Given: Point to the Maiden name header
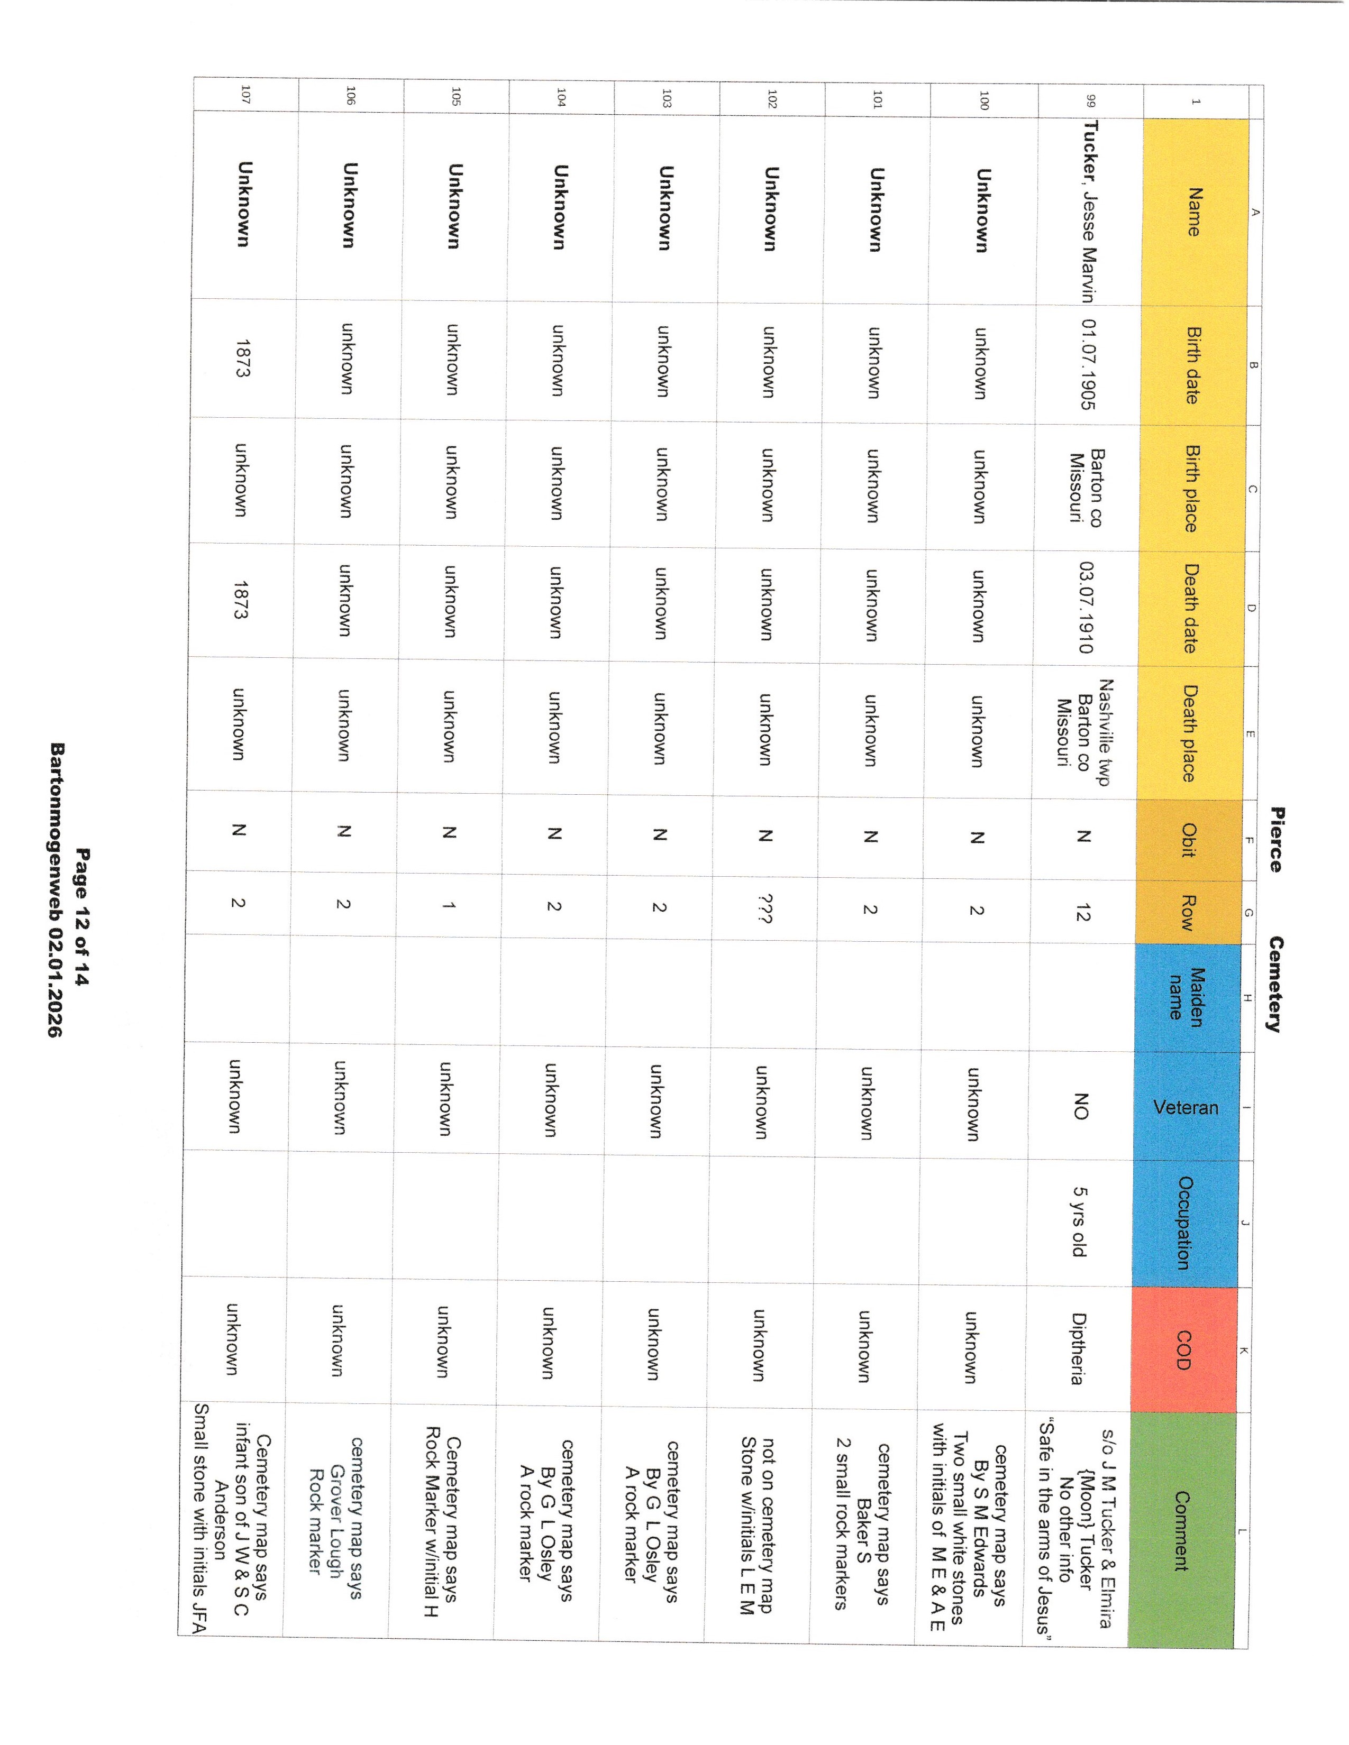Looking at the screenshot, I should click(x=1186, y=993).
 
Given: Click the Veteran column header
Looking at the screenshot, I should click(x=1186, y=1107).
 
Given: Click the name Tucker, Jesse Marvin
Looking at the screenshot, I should click(x=1088, y=212).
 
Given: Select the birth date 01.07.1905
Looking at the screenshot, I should click(x=1087, y=364).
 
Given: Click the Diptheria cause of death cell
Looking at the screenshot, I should click(x=1078, y=1349).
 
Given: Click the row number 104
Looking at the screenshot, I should click(x=561, y=97).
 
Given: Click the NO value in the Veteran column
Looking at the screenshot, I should click(x=1080, y=1107).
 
